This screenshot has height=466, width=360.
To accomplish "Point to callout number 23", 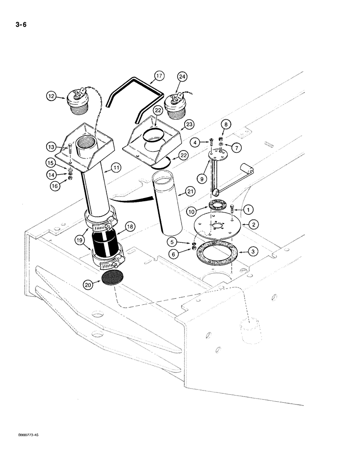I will [x=189, y=125].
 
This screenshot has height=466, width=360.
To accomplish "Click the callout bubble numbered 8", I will [x=226, y=124].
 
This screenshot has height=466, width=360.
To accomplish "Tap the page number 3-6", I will [x=20, y=25].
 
